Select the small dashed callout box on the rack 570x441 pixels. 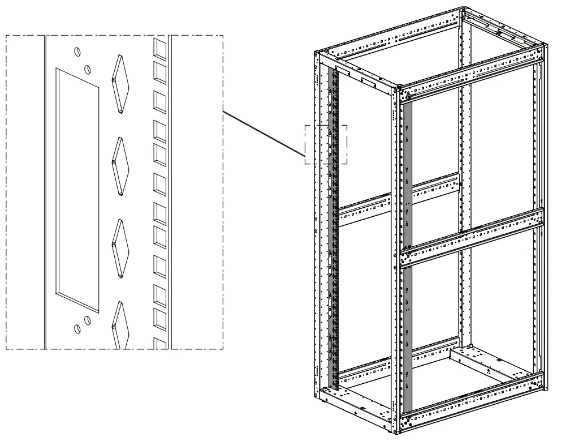[x=326, y=144]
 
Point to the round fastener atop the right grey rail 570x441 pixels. [x=407, y=97]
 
